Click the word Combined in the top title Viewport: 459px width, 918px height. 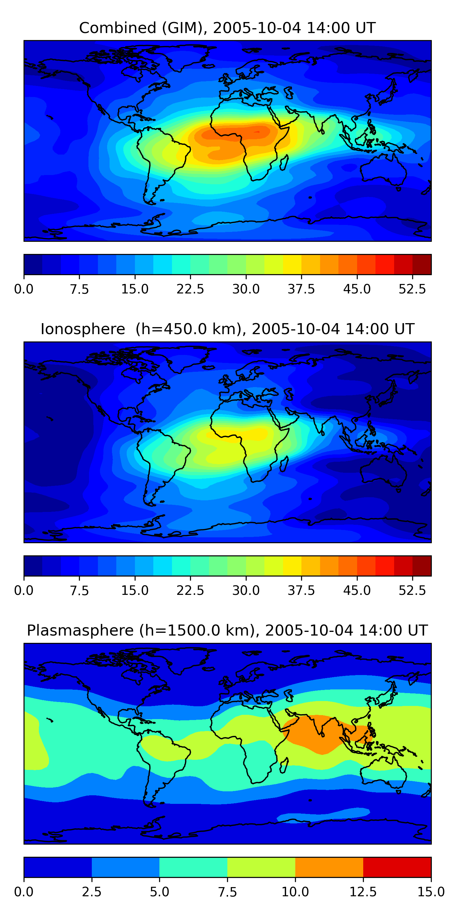118,28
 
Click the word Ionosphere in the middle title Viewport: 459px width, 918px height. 83,329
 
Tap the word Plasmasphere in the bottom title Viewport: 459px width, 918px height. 80,631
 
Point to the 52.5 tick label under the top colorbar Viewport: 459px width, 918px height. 412,289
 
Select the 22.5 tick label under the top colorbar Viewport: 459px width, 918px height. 190,289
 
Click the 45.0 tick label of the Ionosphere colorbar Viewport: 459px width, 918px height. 357,591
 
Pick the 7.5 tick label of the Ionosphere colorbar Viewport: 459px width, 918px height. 79,591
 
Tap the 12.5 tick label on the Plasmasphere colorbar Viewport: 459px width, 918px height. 363,892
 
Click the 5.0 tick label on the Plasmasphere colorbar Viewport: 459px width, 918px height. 159,892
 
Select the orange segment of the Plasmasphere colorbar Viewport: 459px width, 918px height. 329,867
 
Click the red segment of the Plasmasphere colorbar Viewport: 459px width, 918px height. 397,867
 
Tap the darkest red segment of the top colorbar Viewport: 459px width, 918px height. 422,264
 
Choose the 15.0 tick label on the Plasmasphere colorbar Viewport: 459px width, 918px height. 431,892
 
